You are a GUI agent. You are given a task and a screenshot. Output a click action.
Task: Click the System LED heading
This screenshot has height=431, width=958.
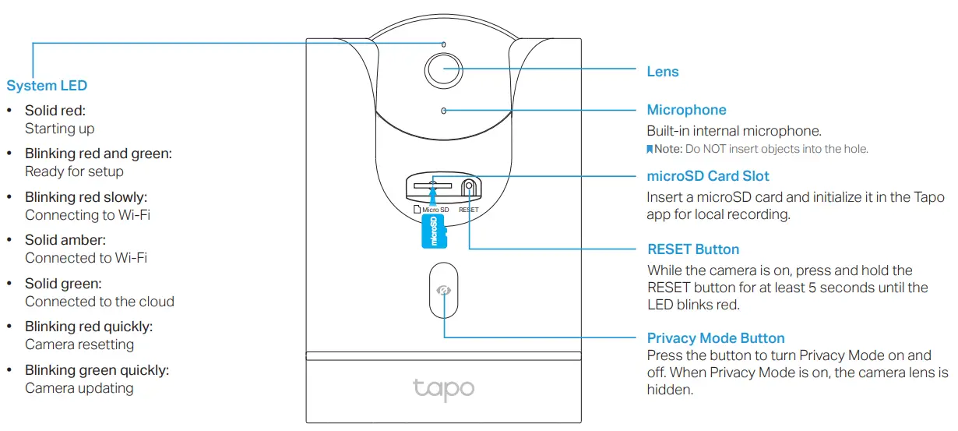tap(47, 86)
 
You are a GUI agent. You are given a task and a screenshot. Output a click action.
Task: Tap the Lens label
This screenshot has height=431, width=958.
tap(663, 72)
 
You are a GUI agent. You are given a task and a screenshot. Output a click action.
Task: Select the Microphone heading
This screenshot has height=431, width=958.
tap(686, 110)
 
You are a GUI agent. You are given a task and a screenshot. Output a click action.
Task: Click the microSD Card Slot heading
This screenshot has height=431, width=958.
tap(708, 176)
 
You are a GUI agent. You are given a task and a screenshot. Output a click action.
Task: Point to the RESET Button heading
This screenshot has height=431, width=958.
tap(693, 249)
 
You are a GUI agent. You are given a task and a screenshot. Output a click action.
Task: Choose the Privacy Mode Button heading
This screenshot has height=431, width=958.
tap(716, 338)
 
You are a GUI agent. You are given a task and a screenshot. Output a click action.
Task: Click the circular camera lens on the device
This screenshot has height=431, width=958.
tap(442, 69)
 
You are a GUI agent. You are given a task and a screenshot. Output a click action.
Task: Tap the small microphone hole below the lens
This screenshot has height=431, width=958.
tap(444, 111)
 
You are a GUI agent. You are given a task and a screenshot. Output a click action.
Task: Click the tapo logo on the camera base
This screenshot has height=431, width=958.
tap(443, 387)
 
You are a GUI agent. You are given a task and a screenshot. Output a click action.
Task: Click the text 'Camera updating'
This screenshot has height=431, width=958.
tap(79, 388)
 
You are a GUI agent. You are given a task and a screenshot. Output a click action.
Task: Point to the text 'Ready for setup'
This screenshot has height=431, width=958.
tap(74, 171)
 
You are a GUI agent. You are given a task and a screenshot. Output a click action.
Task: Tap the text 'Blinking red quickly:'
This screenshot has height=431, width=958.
tap(89, 327)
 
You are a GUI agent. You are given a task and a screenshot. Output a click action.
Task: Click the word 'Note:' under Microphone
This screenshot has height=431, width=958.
tap(667, 149)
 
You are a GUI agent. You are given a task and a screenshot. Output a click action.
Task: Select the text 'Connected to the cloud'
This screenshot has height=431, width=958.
tap(100, 302)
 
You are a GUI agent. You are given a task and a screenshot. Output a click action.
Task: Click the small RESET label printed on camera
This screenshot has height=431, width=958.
tap(469, 210)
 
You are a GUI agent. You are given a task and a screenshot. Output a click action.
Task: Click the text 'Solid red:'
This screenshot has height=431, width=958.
tap(55, 111)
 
